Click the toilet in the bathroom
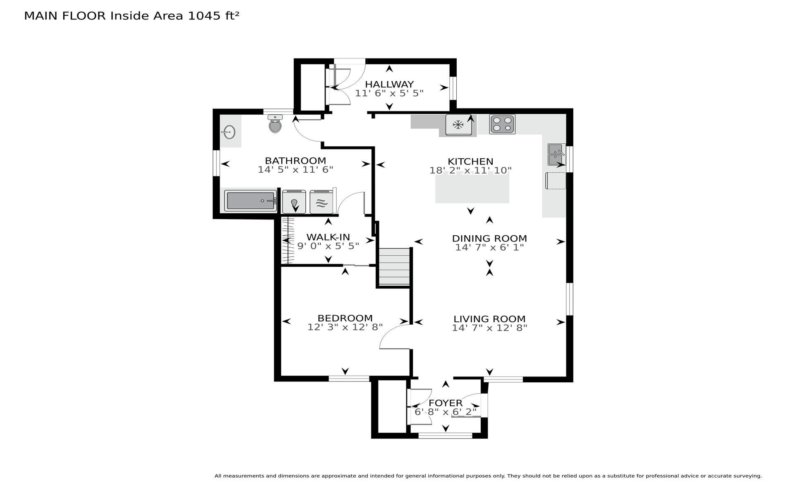(276, 124)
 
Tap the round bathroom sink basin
(228, 132)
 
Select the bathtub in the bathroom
(251, 201)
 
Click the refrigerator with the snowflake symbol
(458, 125)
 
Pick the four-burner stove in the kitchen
(502, 124)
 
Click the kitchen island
(472, 188)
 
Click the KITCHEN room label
(470, 162)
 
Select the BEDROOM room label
(345, 318)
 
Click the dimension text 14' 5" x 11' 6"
(295, 170)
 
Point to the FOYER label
(446, 403)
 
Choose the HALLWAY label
(389, 84)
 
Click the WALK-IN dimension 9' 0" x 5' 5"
(328, 246)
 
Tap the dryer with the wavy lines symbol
(321, 202)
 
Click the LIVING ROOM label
(489, 319)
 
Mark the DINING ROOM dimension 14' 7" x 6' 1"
(489, 248)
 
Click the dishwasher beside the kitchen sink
(556, 181)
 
